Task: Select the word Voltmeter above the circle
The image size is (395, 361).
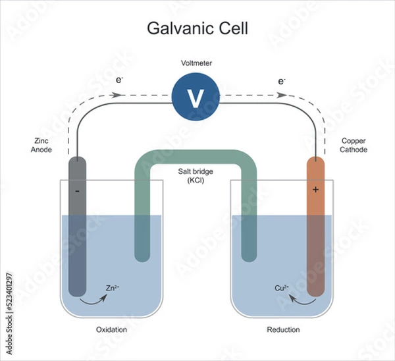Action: pyautogui.click(x=196, y=63)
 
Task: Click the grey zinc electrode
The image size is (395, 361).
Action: pyautogui.click(x=77, y=224)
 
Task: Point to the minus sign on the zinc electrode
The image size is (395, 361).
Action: pyautogui.click(x=77, y=191)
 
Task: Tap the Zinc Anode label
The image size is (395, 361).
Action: pyautogui.click(x=41, y=145)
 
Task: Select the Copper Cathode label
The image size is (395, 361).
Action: pyautogui.click(x=355, y=145)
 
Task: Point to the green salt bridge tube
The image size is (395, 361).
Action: pyautogui.click(x=195, y=159)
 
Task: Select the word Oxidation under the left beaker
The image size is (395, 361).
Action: pyautogui.click(x=111, y=329)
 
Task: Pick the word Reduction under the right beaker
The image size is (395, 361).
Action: pyautogui.click(x=283, y=329)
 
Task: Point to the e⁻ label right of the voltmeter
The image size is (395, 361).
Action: pyautogui.click(x=282, y=81)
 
